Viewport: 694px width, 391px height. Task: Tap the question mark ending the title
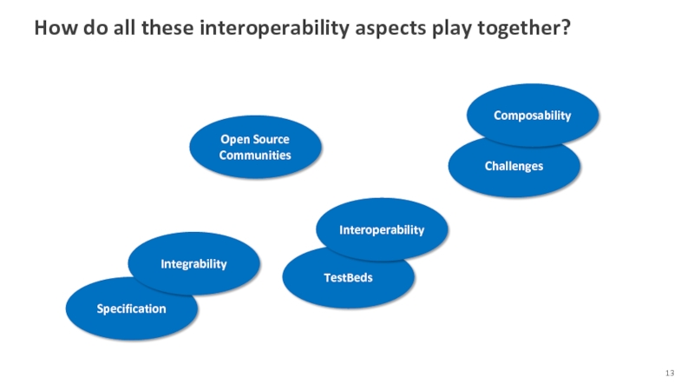(566, 27)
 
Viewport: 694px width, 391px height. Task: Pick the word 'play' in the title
(451, 29)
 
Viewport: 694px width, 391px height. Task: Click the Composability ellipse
(533, 115)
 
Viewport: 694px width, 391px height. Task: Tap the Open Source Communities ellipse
(255, 147)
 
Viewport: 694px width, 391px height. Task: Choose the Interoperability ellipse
(382, 229)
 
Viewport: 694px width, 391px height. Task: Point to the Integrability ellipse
(193, 263)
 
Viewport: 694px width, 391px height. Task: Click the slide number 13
(670, 373)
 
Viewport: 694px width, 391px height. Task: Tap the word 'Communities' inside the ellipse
(255, 156)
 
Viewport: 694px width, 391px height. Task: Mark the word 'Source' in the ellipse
(272, 139)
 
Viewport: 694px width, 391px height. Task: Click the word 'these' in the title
(167, 28)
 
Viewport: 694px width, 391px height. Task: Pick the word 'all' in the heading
(124, 28)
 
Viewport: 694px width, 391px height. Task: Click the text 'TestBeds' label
(349, 277)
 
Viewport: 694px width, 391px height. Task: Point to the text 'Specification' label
(132, 309)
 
